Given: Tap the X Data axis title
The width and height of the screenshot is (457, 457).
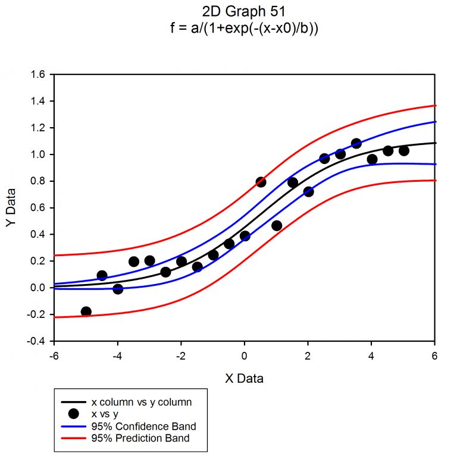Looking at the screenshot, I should point(244,378).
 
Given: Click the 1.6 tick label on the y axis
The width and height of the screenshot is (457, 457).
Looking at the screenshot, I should point(38,75).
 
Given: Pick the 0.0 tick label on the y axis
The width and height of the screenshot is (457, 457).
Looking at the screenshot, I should point(38,288).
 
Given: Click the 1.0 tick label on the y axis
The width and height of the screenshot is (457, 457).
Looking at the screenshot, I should point(38,155).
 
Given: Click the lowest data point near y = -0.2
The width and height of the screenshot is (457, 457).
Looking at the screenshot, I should point(86,311).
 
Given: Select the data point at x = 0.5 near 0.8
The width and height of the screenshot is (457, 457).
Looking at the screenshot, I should point(261,182).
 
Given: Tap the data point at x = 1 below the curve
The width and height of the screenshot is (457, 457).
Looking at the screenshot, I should point(277,225).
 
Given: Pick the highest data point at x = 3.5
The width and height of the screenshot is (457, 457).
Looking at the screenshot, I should point(356,143).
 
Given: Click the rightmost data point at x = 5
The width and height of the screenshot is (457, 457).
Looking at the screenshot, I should point(404,150).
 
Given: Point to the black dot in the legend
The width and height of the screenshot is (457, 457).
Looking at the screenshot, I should point(73,414).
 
